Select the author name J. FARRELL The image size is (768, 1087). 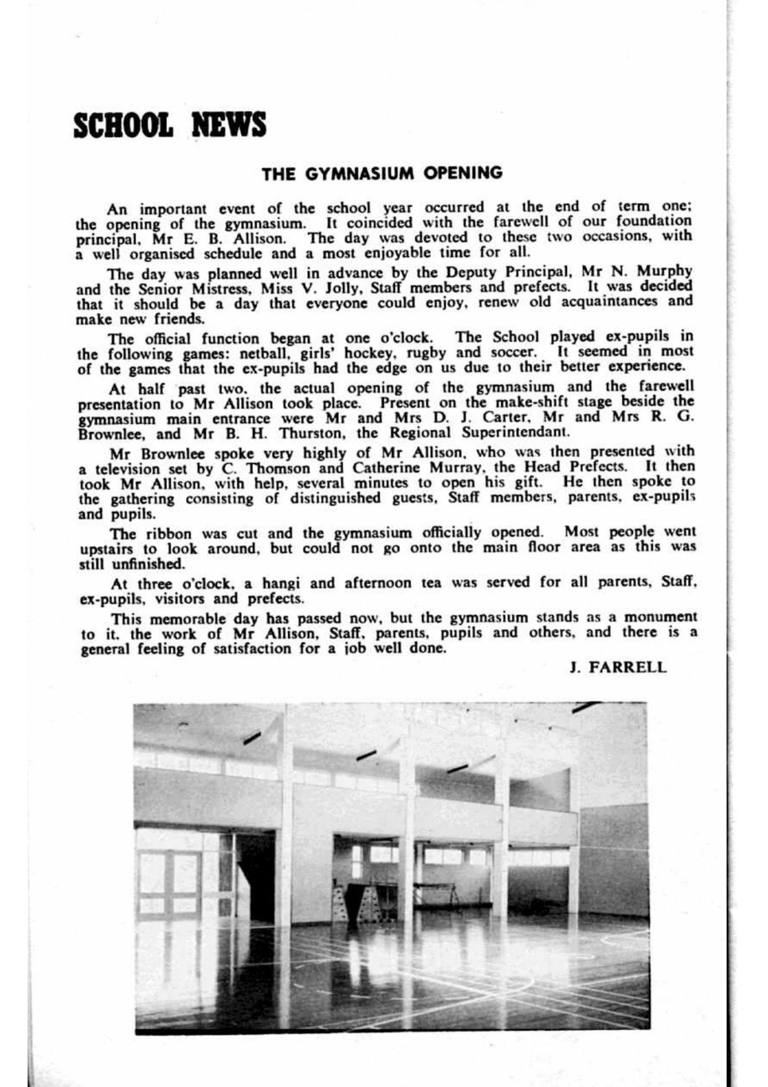(618, 668)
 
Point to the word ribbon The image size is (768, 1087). (168, 534)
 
